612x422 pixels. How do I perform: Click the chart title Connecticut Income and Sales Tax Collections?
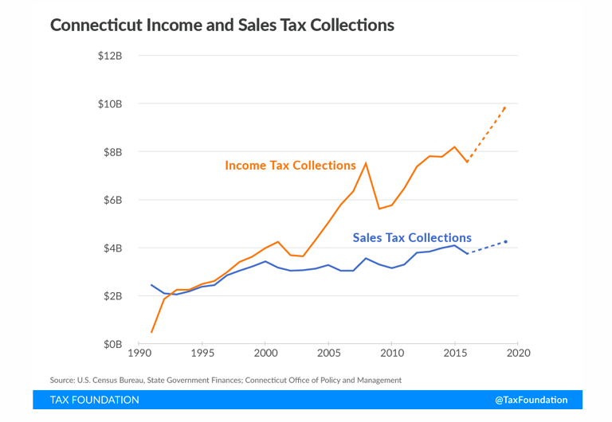tap(222, 25)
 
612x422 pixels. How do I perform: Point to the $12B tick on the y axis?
tap(110, 56)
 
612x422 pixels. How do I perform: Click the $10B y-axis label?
tap(110, 104)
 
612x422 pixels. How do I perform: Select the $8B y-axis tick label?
tap(113, 152)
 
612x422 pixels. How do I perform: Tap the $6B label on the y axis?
tap(113, 200)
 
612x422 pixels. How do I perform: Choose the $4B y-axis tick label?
tap(113, 248)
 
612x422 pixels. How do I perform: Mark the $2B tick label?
tap(113, 296)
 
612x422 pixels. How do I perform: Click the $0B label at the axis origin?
tap(113, 344)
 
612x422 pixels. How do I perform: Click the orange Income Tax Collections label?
tap(290, 166)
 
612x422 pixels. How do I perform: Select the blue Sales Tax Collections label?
tap(412, 237)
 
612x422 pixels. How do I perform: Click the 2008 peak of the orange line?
tap(366, 163)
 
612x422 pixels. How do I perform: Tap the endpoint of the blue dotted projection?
tap(505, 241)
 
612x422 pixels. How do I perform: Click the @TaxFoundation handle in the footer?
tap(531, 400)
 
